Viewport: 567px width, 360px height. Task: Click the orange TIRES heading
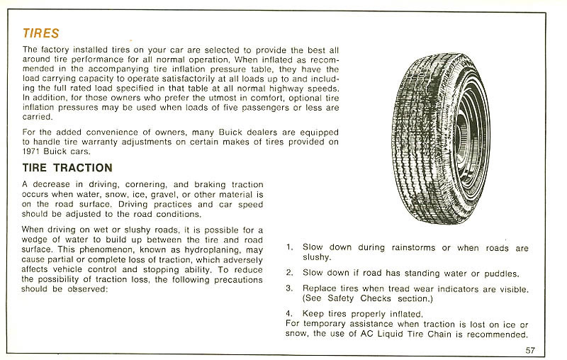click(x=41, y=33)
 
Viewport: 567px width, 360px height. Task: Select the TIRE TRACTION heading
click(x=67, y=168)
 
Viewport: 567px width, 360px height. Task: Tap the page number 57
click(x=530, y=349)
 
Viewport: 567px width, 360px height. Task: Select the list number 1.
click(x=289, y=248)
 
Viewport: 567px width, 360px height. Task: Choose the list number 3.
click(x=289, y=288)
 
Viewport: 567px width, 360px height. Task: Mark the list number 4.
click(x=289, y=314)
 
